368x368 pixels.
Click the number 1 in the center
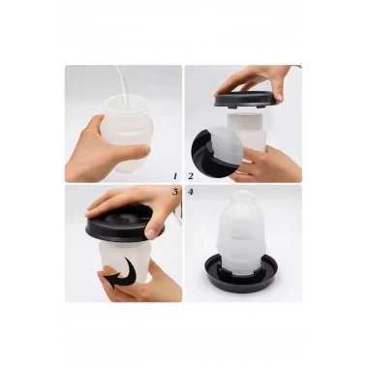click(x=174, y=176)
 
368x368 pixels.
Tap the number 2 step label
click(x=191, y=176)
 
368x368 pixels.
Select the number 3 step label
click(x=174, y=192)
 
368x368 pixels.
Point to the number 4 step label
click(x=191, y=192)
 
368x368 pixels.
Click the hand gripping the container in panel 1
click(x=92, y=145)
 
